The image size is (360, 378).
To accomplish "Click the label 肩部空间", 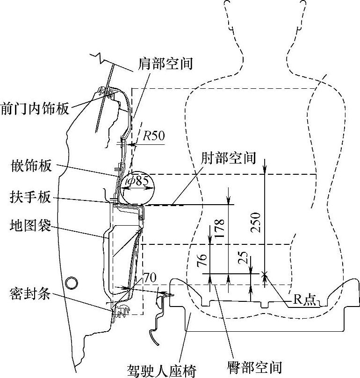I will click(166, 64).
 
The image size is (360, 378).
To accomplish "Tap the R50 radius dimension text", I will click(153, 136).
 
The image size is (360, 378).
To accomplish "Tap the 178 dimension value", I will click(221, 229).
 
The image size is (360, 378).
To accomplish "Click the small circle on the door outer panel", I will click(72, 283).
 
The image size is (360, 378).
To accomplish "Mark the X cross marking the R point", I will click(265, 273).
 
